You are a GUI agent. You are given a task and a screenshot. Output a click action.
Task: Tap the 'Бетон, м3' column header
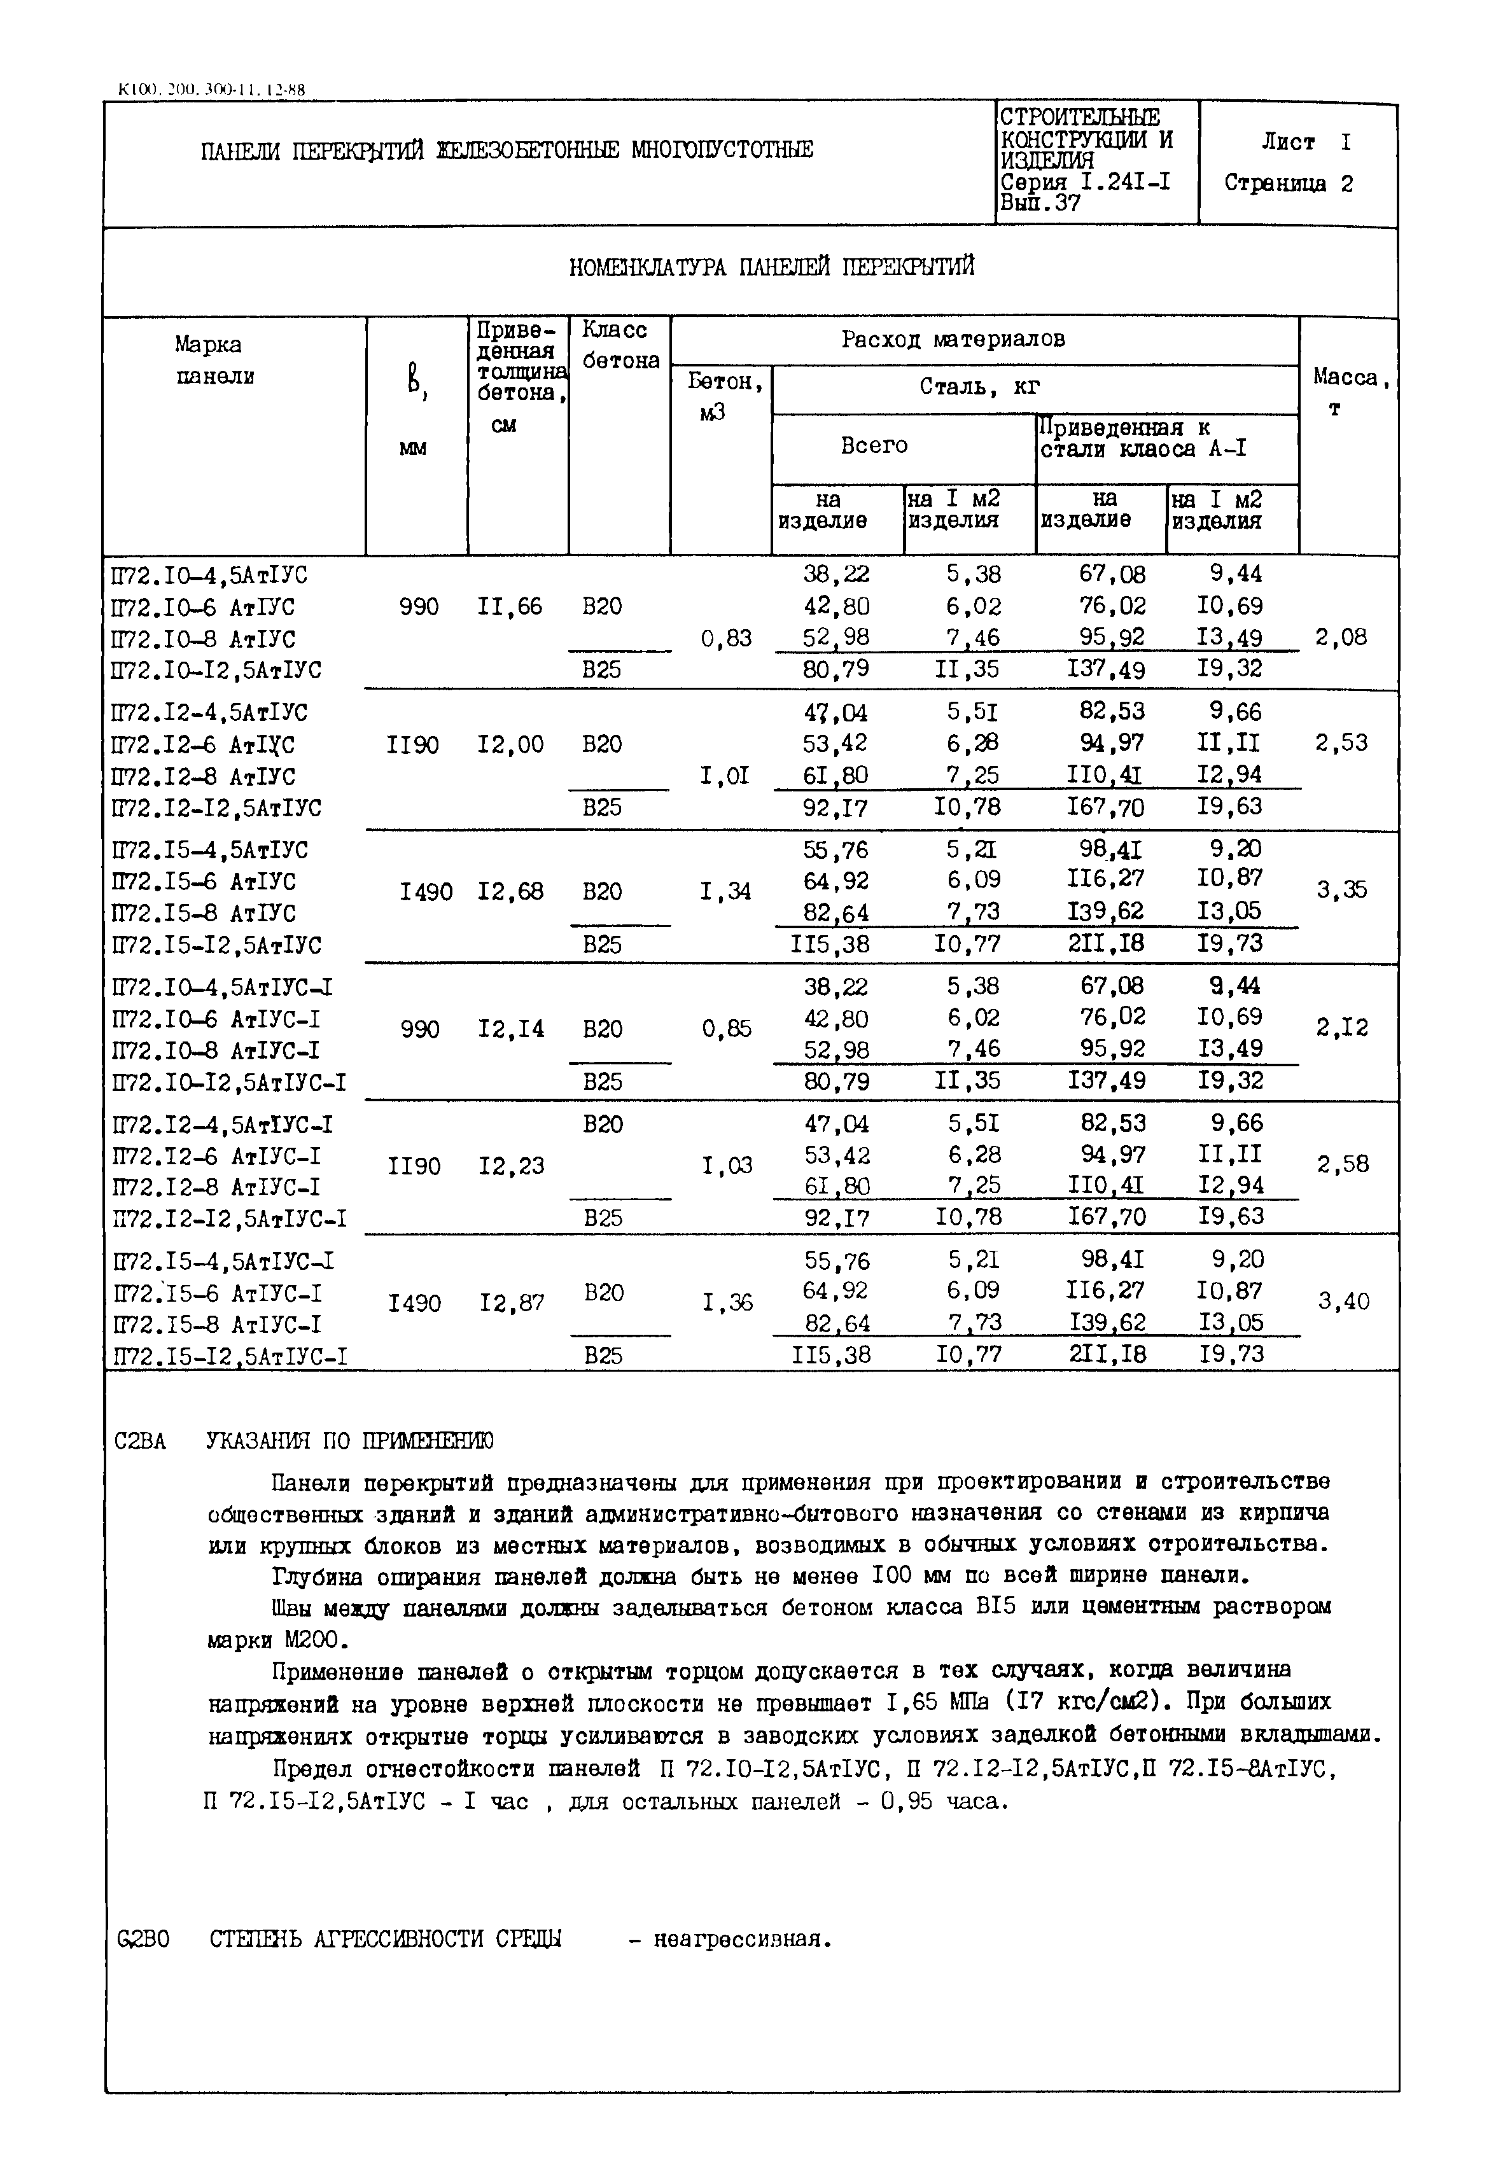tap(724, 396)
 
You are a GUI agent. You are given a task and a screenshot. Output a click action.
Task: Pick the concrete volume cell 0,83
tap(726, 639)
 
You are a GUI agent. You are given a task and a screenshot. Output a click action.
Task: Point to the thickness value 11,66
tap(510, 606)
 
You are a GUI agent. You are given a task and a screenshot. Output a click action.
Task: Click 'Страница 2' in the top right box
tap(1289, 184)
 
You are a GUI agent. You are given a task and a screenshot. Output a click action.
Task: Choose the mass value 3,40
tap(1343, 1302)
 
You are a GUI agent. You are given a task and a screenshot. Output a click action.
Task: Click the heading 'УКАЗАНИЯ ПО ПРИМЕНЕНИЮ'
tap(349, 1442)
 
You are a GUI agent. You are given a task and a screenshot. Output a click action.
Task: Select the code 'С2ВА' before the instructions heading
tap(139, 1442)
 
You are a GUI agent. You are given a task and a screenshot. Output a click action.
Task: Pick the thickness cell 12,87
tap(512, 1304)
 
